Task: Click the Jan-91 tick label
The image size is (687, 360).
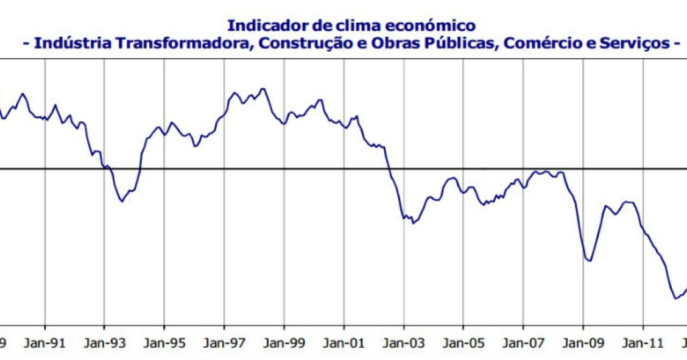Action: tap(45, 343)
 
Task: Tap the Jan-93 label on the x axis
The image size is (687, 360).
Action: tap(104, 343)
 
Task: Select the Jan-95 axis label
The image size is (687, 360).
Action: tap(164, 343)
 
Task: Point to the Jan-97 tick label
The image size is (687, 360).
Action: tap(224, 343)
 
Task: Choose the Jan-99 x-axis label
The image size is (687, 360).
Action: tap(284, 343)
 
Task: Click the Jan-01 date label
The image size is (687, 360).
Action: tap(343, 343)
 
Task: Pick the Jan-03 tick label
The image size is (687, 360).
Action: tap(403, 343)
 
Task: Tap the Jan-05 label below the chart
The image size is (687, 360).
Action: tap(463, 343)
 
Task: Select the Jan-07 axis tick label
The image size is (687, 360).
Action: tap(523, 343)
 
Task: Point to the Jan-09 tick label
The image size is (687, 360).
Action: tap(583, 343)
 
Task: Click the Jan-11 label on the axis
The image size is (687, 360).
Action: tap(643, 343)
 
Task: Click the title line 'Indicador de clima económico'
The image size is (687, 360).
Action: tap(351, 26)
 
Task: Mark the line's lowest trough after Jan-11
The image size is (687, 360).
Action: tap(676, 298)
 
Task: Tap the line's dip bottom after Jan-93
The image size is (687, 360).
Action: tap(122, 201)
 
